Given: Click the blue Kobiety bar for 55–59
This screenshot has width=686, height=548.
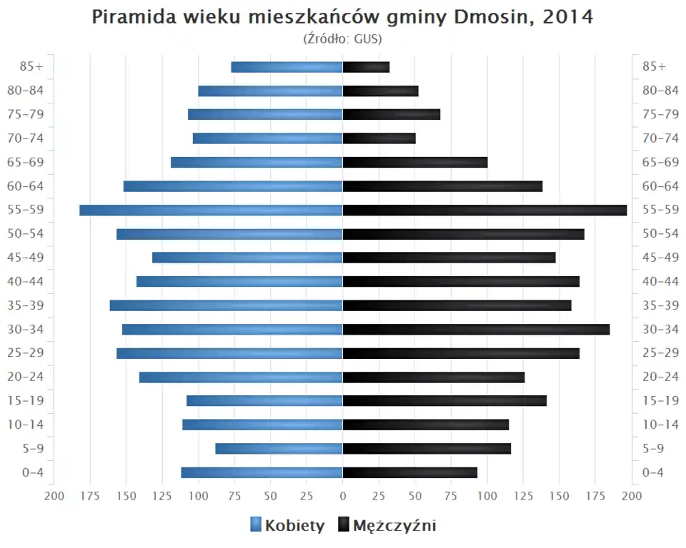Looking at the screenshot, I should (211, 210).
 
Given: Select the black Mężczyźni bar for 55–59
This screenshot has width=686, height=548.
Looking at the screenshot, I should (484, 210).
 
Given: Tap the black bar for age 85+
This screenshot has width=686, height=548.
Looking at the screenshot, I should (366, 67).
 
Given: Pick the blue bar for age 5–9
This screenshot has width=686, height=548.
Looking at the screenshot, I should (279, 449).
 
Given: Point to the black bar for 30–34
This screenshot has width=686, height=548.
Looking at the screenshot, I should (476, 330).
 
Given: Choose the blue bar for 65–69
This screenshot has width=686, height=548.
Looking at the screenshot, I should (257, 163).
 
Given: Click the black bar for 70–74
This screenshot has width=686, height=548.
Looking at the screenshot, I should (379, 138).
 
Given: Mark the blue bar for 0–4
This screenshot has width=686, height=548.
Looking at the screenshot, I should (262, 472).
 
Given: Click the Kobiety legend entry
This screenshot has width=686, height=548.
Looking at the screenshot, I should (287, 526).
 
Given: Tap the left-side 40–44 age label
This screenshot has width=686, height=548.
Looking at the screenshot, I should (26, 282).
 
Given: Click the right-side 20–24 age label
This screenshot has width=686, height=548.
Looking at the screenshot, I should (660, 377).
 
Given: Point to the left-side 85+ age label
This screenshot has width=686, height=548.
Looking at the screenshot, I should (31, 67).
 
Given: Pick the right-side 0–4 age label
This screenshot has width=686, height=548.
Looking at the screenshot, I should (654, 472).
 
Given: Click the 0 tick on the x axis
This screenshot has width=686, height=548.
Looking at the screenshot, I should (343, 496).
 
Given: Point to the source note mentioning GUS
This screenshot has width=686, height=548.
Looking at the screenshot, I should (343, 38).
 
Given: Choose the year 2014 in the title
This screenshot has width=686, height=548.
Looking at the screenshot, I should (568, 17).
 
